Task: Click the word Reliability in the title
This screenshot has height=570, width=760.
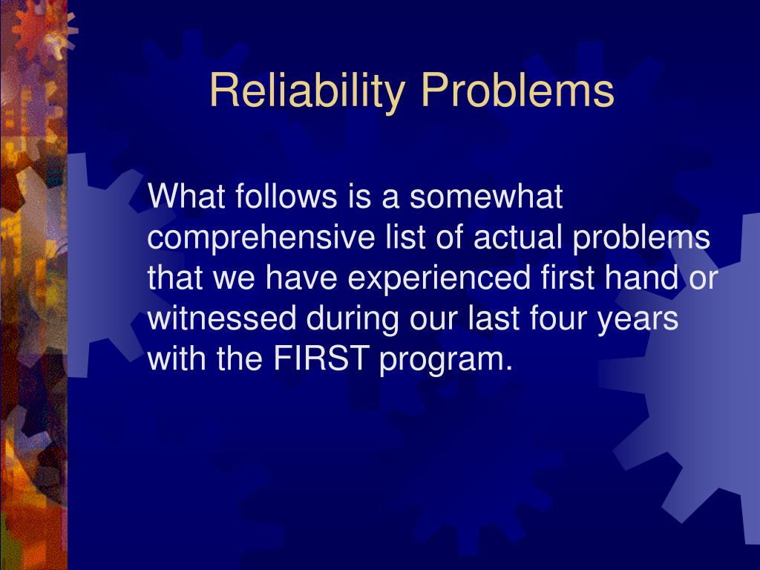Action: coord(309,91)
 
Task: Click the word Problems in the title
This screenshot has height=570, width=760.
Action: coord(517,91)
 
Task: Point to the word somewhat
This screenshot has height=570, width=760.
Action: coord(487,197)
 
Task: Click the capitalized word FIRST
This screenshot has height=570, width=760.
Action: coord(322,360)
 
